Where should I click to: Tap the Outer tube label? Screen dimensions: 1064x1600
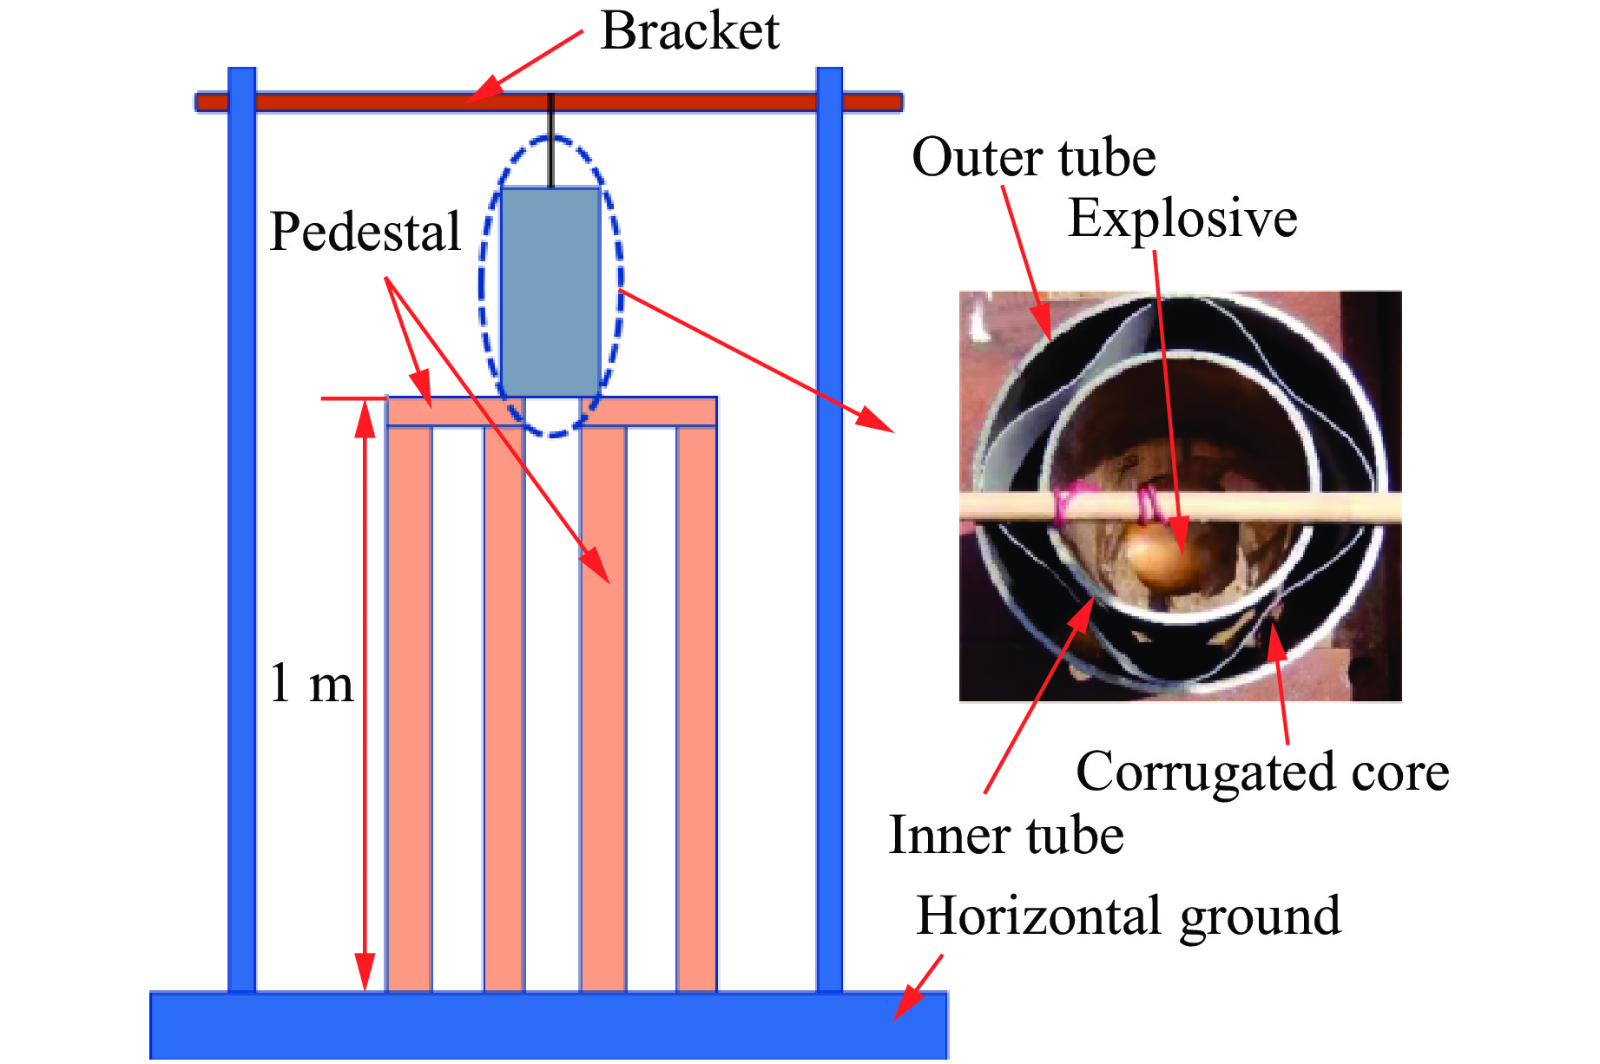tap(1033, 158)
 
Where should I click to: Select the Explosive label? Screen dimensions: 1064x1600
tap(1182, 218)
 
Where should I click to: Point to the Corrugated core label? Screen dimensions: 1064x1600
tap(1262, 772)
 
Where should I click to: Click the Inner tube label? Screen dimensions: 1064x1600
tap(1006, 836)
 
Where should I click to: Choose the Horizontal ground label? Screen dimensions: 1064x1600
tap(1129, 916)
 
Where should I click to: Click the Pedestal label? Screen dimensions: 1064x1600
tap(365, 232)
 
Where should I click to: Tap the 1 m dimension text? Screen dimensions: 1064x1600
tap(311, 683)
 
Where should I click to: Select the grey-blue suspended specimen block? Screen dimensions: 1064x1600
tap(550, 291)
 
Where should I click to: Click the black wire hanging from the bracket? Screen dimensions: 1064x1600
tap(550, 139)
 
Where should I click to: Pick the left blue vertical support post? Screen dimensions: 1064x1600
tap(241, 521)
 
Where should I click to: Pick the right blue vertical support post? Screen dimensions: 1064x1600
tap(829, 521)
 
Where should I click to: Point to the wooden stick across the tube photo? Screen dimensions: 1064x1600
tap(1259, 507)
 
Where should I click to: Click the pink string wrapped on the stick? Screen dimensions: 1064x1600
tap(1065, 504)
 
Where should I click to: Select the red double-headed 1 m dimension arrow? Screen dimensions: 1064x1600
tap(365, 694)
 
